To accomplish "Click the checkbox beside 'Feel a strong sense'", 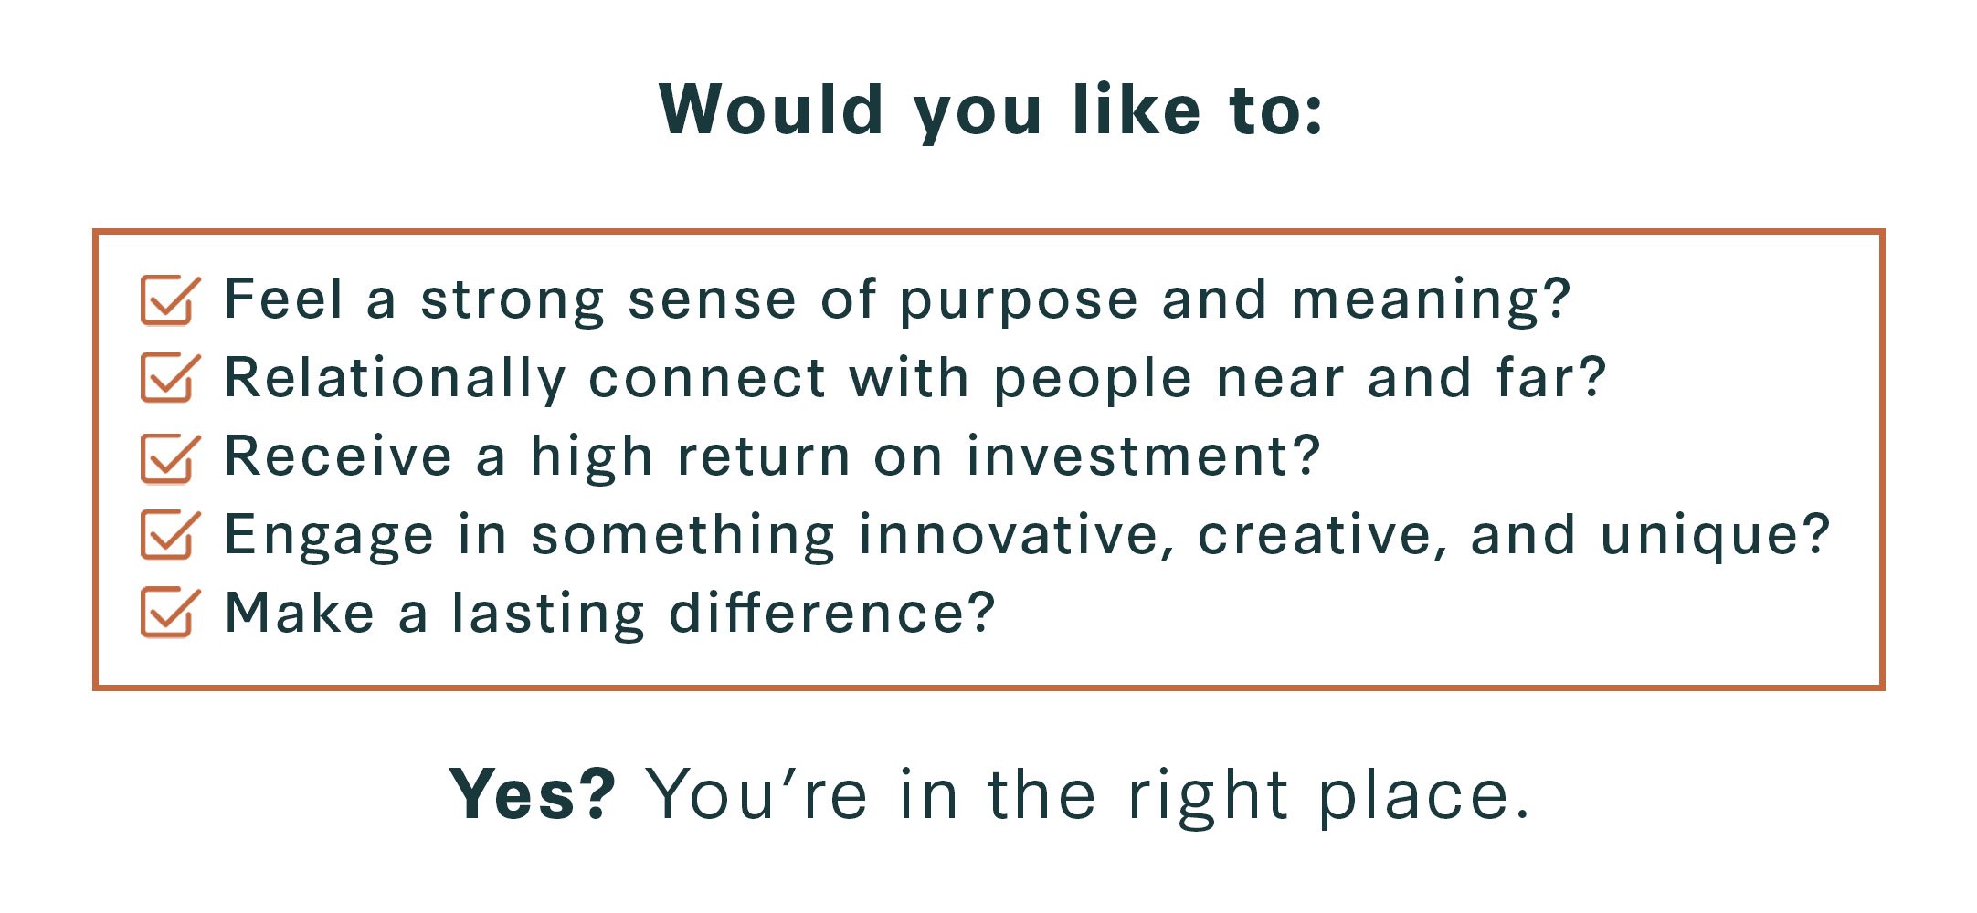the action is point(169,299).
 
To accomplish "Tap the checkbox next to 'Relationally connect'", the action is point(169,378).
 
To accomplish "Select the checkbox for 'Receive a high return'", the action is point(169,456).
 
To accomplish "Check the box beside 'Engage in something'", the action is point(169,534).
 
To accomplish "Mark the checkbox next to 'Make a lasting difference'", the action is point(169,613).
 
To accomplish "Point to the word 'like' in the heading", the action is point(1136,110).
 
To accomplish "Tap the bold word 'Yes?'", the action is point(533,793).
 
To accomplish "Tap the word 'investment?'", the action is point(1144,456).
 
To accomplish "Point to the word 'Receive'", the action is point(338,456).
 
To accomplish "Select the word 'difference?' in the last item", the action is point(831,612).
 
